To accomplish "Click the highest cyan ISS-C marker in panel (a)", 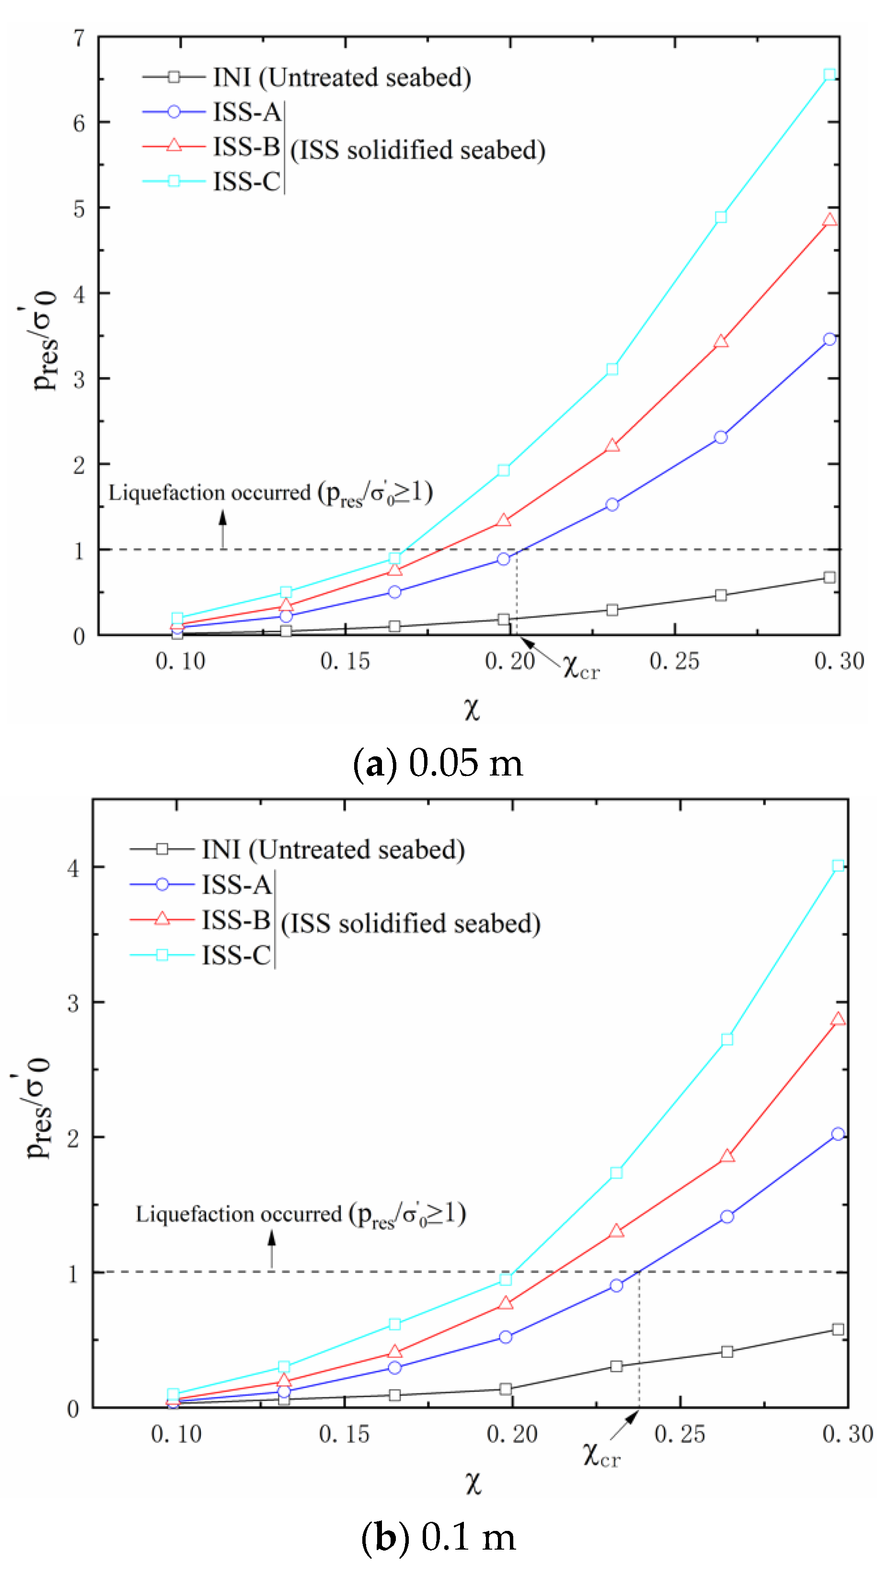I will pos(829,75).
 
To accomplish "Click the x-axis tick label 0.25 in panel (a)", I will pos(674,661).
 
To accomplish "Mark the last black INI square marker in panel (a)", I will pos(829,577).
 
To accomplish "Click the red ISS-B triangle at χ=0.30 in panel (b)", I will pos(838,1019).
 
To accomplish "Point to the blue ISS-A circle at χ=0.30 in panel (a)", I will pos(829,339).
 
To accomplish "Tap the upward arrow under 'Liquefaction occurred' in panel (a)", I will pos(222,528).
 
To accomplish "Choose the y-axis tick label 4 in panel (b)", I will pos(73,868).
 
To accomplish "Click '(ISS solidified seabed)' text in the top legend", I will pos(417,150).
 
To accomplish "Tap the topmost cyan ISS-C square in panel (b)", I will pos(838,865).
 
